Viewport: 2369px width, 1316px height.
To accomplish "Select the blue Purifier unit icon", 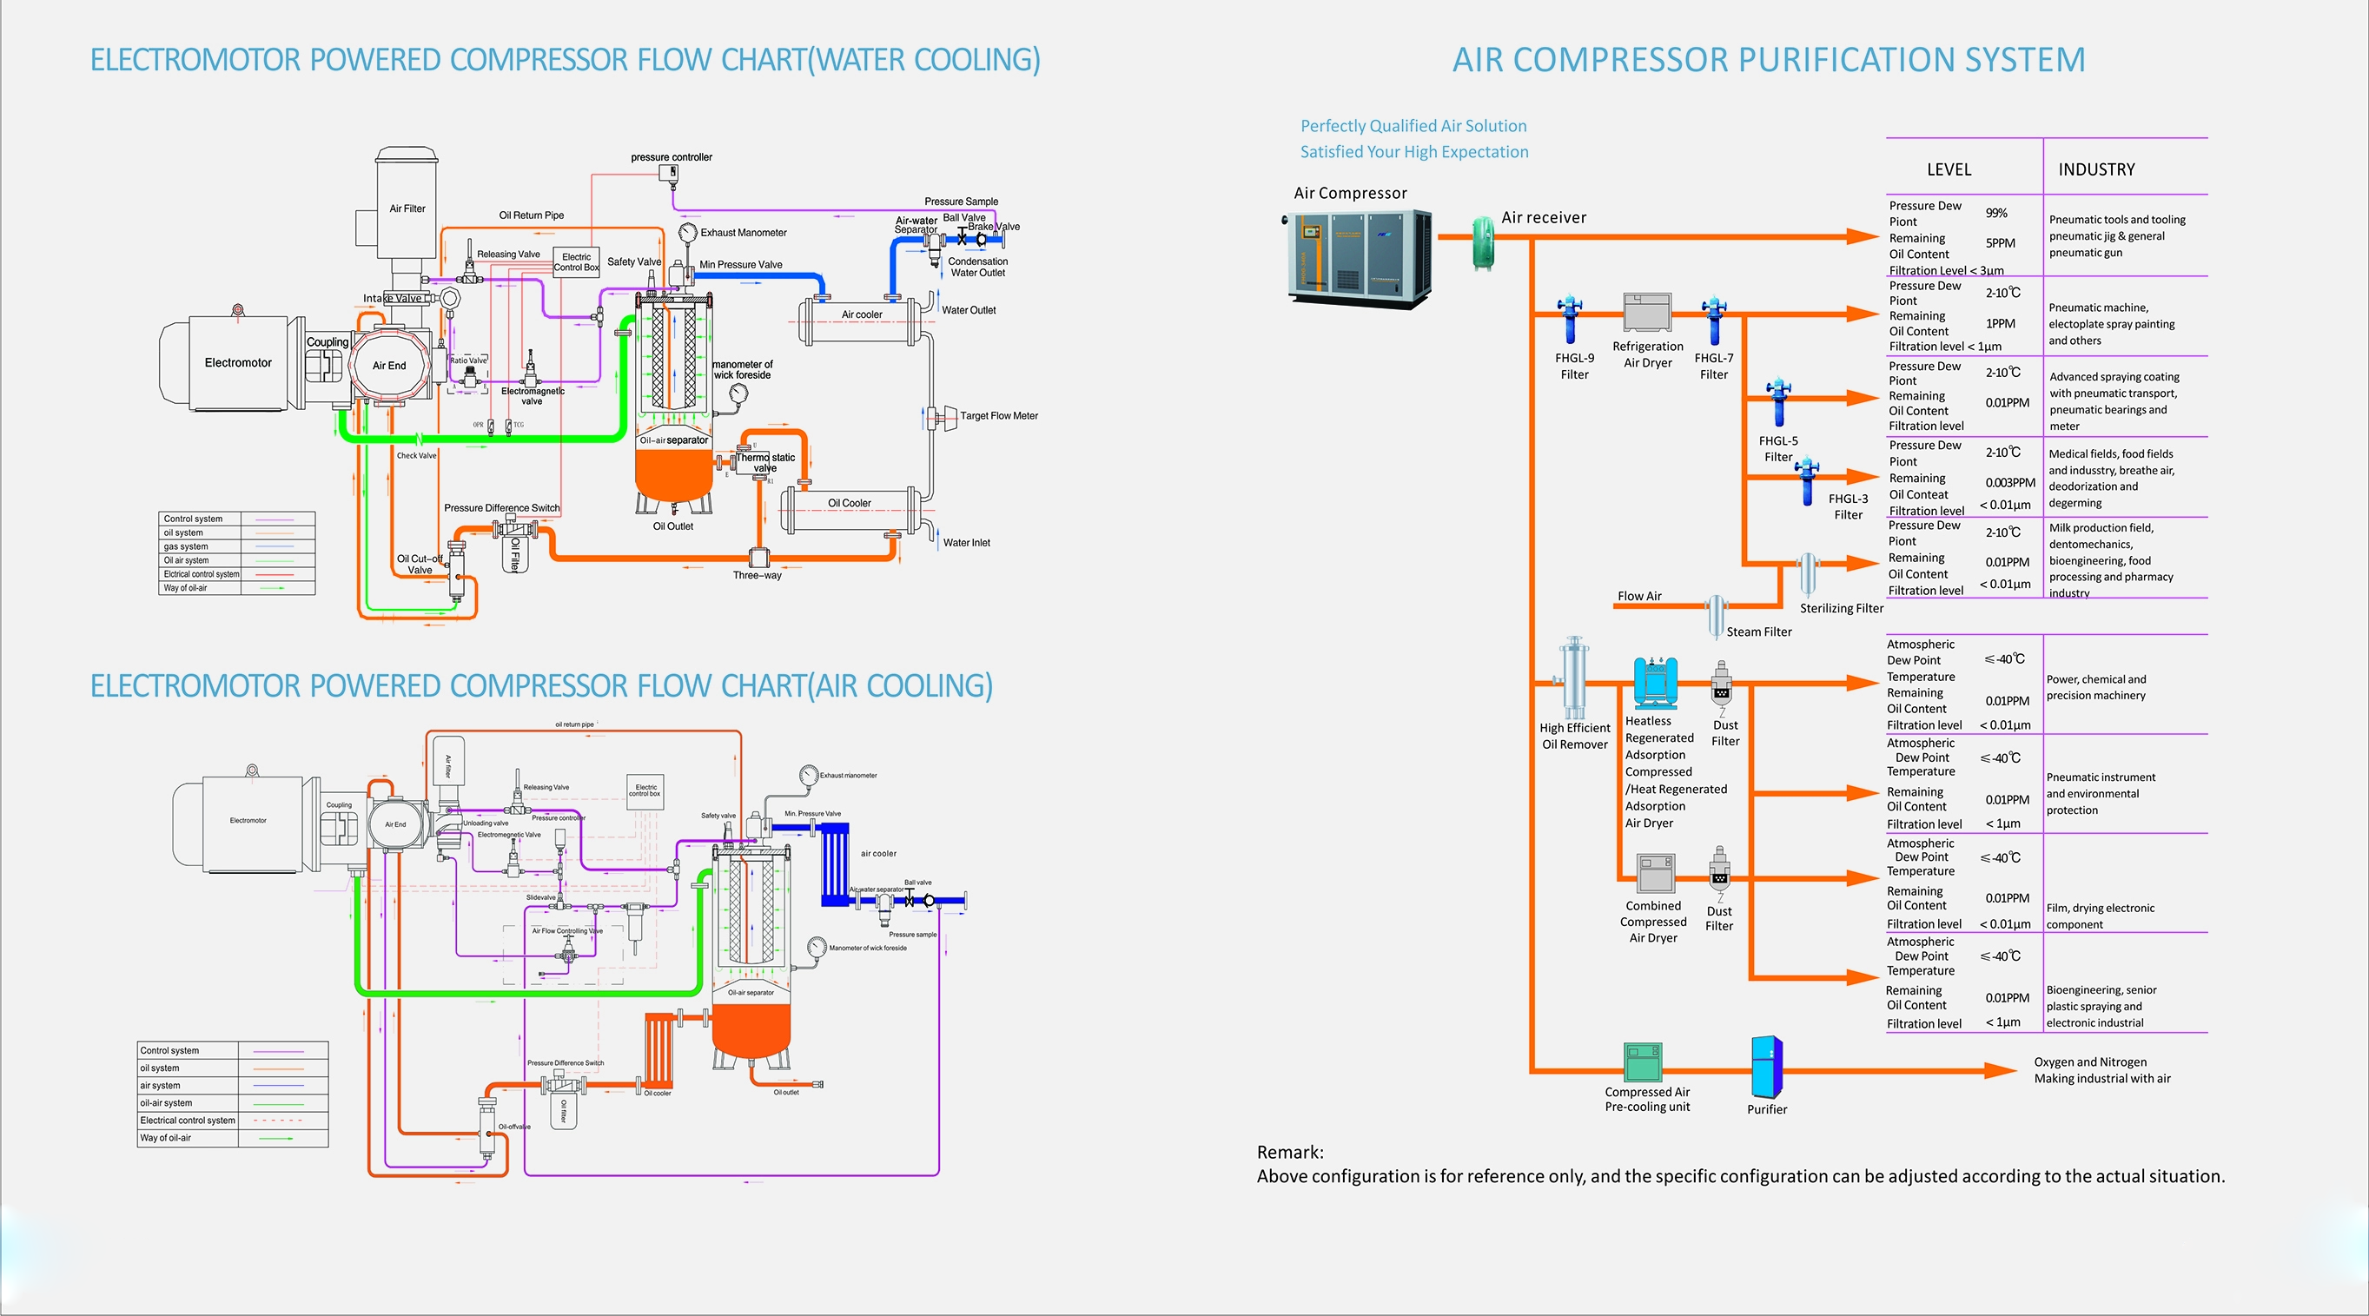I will pyautogui.click(x=1766, y=1067).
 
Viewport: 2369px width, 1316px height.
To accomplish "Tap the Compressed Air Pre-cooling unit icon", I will pyautogui.click(x=1643, y=1062).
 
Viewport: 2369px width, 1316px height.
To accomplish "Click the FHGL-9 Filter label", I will pyautogui.click(x=1574, y=366).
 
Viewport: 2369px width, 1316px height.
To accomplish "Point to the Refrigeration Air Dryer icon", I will pyautogui.click(x=1647, y=312).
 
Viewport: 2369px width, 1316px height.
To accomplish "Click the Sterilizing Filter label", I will pyautogui.click(x=1841, y=608).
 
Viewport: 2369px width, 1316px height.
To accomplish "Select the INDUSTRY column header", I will pyautogui.click(x=2096, y=169).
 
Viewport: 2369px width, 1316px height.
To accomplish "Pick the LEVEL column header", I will pyautogui.click(x=1949, y=169).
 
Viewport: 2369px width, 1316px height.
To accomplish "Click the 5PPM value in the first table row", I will pyautogui.click(x=1999, y=242).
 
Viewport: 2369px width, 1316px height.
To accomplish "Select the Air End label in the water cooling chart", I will pyautogui.click(x=389, y=365).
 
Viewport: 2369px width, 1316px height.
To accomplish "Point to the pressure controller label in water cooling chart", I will pyautogui.click(x=672, y=157).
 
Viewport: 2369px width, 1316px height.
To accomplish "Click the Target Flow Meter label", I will pyautogui.click(x=999, y=416).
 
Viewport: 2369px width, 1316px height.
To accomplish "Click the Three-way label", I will pyautogui.click(x=757, y=576).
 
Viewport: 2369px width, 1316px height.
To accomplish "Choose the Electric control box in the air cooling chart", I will pyautogui.click(x=645, y=790).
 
